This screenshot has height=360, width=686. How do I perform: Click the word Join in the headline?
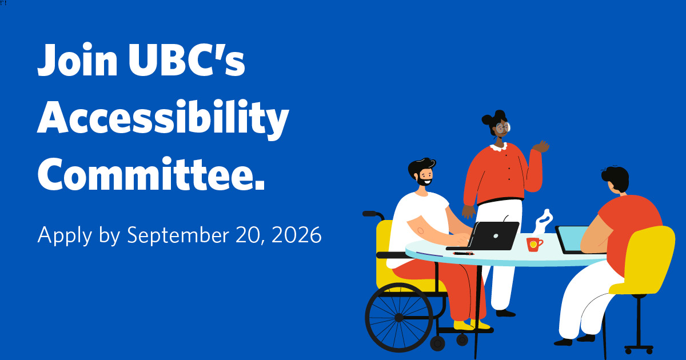tap(78, 59)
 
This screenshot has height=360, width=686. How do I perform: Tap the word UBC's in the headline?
tap(187, 59)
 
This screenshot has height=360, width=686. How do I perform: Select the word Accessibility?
tap(163, 119)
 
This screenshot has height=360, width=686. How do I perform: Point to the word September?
tap(178, 235)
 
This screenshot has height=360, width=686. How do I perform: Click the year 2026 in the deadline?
tap(297, 235)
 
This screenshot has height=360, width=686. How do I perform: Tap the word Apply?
tap(65, 235)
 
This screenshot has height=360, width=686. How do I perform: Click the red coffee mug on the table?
tap(535, 245)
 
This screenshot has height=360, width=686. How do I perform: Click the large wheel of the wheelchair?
tap(399, 318)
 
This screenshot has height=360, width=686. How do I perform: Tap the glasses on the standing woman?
tap(504, 127)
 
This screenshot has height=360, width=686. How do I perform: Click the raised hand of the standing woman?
tap(541, 146)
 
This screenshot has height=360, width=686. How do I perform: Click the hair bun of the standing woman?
tap(488, 119)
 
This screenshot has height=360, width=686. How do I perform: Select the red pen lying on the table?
tap(464, 254)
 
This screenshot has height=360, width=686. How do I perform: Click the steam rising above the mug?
tap(544, 221)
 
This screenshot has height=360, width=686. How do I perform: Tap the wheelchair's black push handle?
tap(372, 214)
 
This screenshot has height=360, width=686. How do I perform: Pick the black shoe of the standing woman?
tap(505, 313)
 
